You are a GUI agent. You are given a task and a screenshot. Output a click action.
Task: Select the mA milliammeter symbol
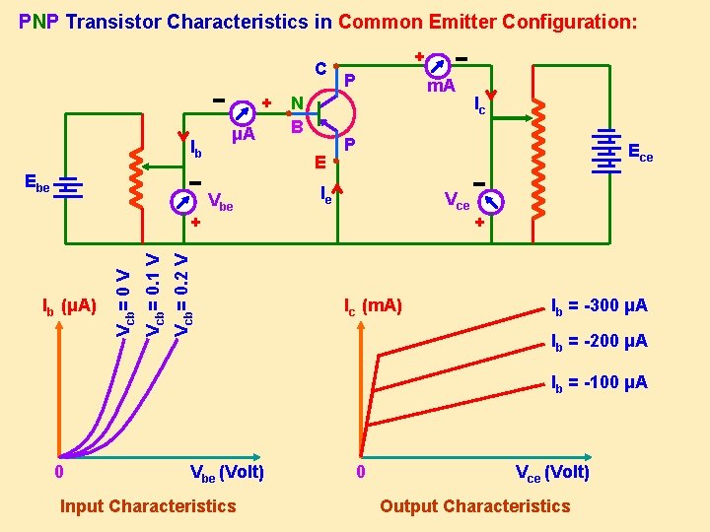[x=440, y=61]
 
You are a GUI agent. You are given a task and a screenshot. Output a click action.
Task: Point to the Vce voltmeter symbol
[x=489, y=202]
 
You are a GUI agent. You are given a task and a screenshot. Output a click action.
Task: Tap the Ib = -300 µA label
[x=599, y=305]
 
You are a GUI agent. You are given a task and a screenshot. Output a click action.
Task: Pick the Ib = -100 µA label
[x=599, y=382]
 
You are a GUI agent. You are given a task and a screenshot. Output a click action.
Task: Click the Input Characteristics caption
[x=148, y=506]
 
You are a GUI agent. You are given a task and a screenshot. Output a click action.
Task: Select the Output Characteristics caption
[x=474, y=506]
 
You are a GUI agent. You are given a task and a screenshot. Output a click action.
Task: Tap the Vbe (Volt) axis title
[x=226, y=472]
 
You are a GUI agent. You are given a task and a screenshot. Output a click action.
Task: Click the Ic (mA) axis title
[x=372, y=305]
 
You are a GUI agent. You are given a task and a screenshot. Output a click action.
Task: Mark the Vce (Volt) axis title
[x=552, y=472]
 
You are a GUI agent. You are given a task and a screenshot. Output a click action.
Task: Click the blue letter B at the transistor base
[x=296, y=126]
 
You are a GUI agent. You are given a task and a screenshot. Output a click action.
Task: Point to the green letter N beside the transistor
[x=296, y=102]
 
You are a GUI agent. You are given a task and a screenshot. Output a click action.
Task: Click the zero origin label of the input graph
[x=60, y=473]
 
